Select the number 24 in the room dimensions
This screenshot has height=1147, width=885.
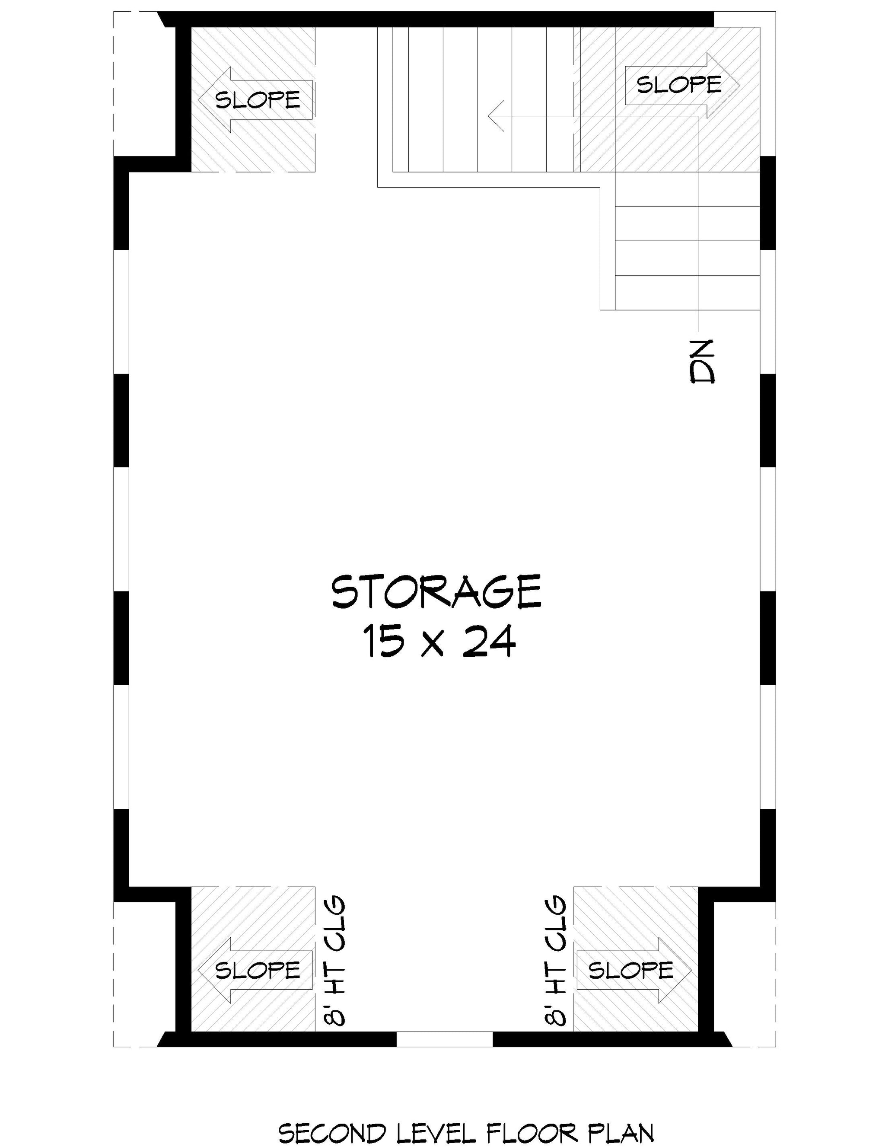coord(489,641)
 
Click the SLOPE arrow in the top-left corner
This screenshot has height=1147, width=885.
coord(256,100)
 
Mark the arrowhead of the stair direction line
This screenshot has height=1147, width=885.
coord(496,115)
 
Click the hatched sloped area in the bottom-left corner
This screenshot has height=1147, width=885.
coord(253,959)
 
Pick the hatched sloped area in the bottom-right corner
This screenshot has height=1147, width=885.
coord(636,959)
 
